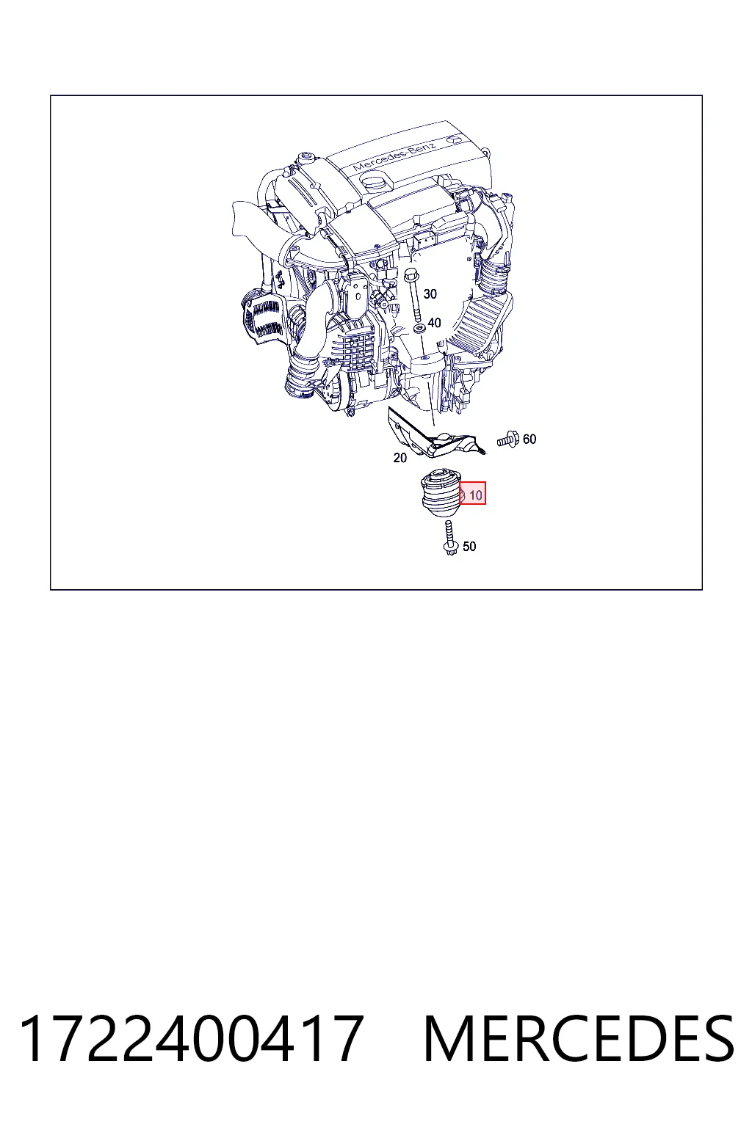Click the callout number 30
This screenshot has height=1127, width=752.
[430, 293]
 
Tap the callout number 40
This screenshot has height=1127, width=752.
[434, 323]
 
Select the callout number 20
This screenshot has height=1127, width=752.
[400, 458]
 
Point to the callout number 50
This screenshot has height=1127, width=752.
[469, 547]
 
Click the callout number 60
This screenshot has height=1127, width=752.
[529, 440]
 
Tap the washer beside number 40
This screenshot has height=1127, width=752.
[419, 329]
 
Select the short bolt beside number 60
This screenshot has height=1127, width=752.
[508, 440]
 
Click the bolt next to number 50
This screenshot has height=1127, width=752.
[449, 538]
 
